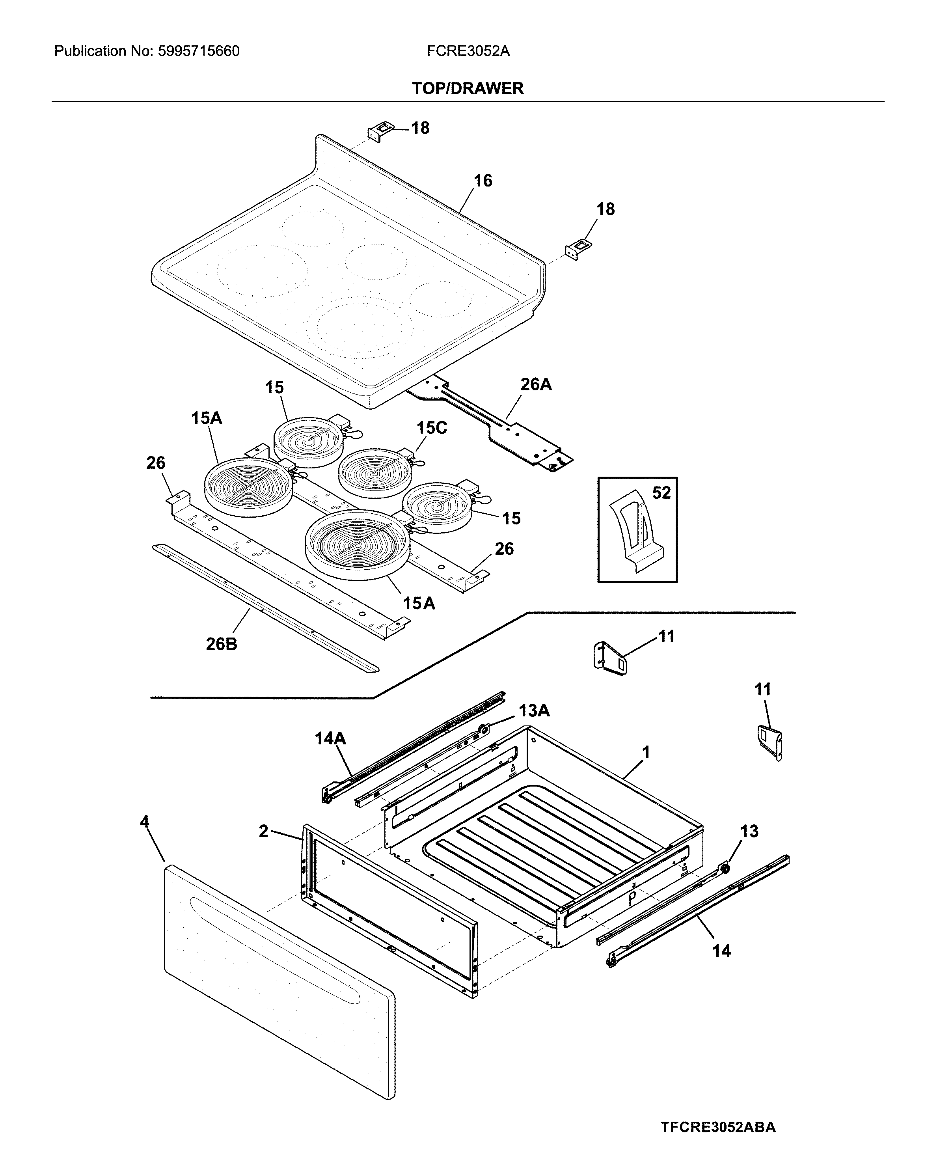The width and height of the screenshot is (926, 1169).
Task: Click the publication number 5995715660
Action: tap(198, 52)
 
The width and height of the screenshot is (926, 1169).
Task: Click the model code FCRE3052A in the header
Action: tap(468, 52)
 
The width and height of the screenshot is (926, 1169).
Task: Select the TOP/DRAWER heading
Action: tap(468, 88)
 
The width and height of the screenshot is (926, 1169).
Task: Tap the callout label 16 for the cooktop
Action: tap(483, 181)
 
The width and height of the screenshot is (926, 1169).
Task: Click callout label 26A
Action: tap(536, 384)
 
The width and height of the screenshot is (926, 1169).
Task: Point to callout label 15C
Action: tap(432, 428)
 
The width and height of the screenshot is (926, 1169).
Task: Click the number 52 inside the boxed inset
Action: tap(661, 492)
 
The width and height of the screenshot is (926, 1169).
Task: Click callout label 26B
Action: tap(221, 644)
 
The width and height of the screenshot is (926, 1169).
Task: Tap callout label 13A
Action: tap(534, 710)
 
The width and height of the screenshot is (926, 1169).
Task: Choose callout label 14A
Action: tap(330, 738)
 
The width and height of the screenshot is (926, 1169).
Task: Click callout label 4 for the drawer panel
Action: tap(144, 821)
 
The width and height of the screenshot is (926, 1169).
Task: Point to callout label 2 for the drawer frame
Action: tap(263, 831)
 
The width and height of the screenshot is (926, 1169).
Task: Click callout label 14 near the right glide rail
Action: tap(721, 951)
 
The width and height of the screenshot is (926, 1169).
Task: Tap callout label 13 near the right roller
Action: tap(749, 831)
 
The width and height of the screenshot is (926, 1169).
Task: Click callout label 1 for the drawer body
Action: tap(646, 752)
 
